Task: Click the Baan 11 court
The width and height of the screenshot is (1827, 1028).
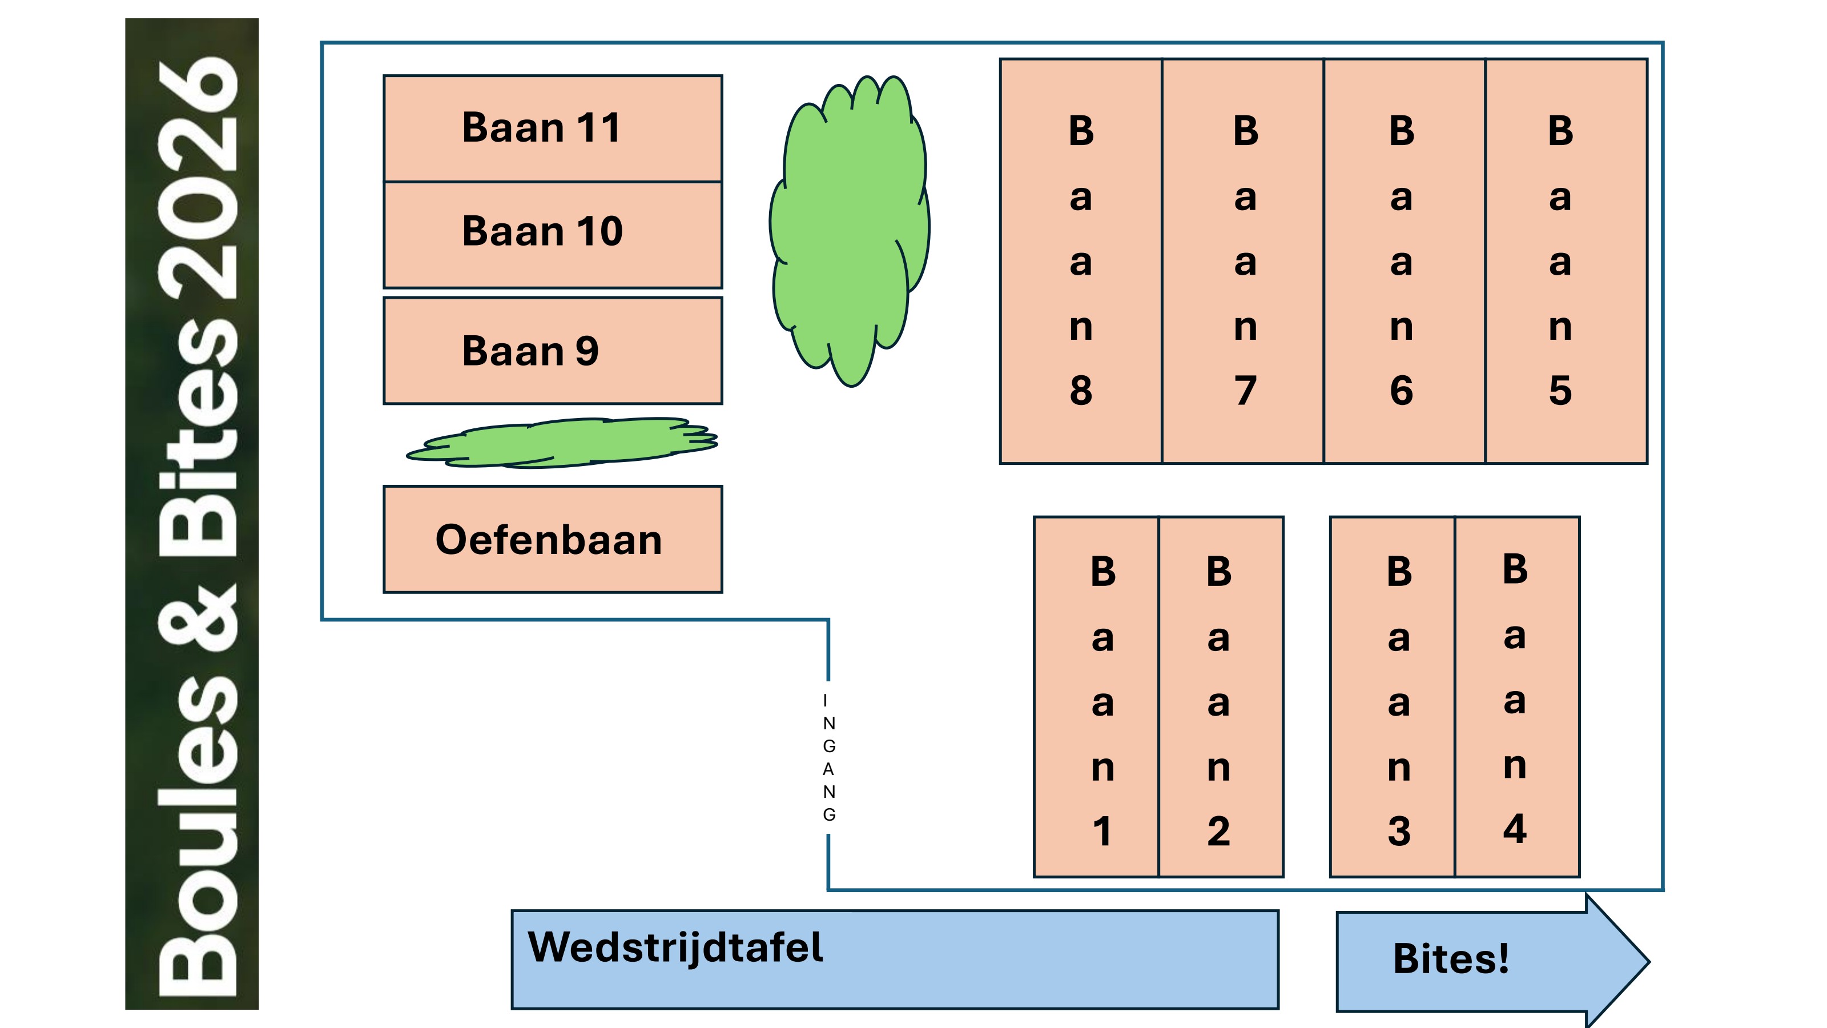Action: [x=553, y=128]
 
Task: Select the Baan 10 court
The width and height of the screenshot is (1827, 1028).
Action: [x=553, y=235]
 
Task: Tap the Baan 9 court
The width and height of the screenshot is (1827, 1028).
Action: [x=553, y=351]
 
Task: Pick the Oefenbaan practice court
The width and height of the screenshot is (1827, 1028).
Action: [x=553, y=539]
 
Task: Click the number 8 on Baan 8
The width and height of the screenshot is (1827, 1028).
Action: [x=1081, y=390]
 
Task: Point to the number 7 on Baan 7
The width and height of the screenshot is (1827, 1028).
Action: [x=1245, y=390]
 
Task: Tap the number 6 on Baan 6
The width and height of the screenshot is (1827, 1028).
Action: [x=1402, y=390]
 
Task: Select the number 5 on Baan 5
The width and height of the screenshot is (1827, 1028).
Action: [x=1560, y=390]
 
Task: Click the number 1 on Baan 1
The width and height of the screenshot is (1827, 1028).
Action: [x=1102, y=831]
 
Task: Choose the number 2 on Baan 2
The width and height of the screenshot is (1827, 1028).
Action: [x=1218, y=831]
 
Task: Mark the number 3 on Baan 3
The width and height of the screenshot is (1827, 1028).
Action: [x=1399, y=831]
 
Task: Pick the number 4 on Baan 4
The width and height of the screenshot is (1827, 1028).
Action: [x=1515, y=829]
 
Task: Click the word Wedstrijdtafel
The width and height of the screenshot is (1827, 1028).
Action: [x=675, y=947]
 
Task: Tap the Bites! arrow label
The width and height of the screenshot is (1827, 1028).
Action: [x=1451, y=958]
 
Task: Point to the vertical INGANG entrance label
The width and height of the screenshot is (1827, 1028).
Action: [x=828, y=757]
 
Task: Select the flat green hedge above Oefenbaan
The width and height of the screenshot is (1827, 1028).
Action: [x=562, y=442]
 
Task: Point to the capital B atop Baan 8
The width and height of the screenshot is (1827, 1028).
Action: [x=1081, y=131]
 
